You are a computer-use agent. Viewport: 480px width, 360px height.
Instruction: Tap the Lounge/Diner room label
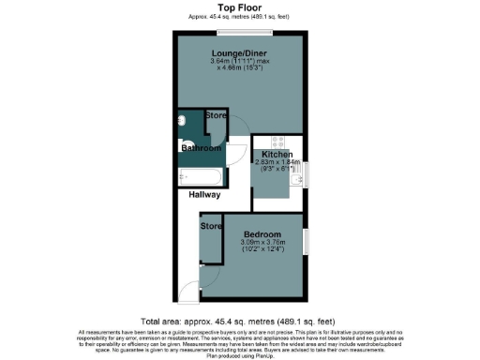coord(238,53)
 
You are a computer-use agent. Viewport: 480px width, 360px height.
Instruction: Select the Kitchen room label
coord(277,154)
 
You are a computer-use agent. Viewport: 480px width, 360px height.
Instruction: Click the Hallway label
coord(203,195)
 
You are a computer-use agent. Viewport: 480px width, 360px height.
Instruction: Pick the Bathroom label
coord(201,148)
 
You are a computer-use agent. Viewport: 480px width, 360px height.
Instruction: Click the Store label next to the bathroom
coord(215,115)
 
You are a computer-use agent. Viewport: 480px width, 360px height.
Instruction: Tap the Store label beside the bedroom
coord(210,226)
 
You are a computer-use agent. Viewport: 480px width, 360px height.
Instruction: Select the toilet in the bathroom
coord(185,145)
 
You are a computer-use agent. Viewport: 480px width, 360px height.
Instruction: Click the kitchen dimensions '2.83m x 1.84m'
coord(277,161)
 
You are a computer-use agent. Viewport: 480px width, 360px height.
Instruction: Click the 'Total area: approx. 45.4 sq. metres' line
coord(239,320)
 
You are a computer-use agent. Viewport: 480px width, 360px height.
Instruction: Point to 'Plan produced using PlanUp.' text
coord(239,355)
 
